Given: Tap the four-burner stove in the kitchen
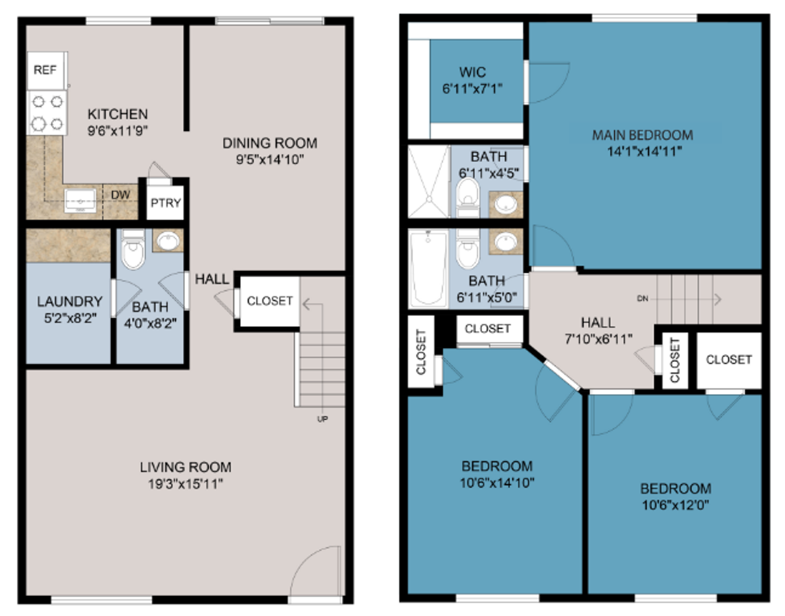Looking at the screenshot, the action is click(47, 113).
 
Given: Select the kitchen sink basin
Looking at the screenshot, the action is click(80, 200).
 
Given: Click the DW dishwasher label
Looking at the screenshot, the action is click(120, 195).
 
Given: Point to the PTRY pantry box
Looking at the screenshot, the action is click(165, 202).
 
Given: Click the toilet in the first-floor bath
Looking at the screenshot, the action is click(133, 249).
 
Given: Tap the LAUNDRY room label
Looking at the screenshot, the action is click(70, 302).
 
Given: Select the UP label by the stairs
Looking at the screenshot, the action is click(322, 419).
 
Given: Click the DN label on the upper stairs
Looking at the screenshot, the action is click(642, 299).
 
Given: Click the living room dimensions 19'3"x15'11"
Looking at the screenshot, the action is click(185, 484).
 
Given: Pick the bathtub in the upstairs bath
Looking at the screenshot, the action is click(428, 268).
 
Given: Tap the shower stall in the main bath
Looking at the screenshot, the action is click(429, 181).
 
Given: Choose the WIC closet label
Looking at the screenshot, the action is click(472, 72).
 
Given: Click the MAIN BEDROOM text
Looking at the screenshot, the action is click(642, 135).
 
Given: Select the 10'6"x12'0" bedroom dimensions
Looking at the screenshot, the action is click(675, 504).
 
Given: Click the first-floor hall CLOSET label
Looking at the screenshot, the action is click(269, 301).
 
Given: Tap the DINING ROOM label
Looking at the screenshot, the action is click(270, 143).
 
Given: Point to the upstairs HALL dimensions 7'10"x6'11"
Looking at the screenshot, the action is click(598, 339).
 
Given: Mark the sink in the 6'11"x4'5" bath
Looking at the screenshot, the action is click(505, 204).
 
